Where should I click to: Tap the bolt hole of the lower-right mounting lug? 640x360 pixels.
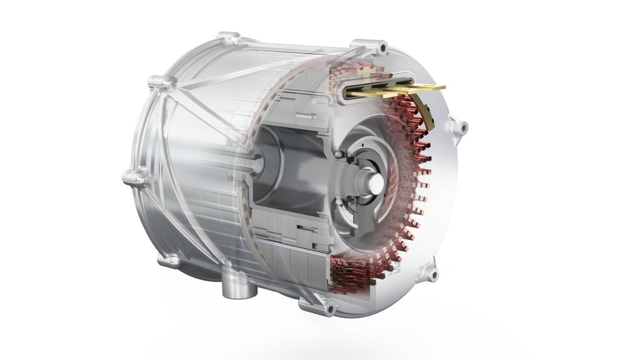pos(432,273)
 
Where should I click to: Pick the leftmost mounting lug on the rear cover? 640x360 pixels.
pos(133,179)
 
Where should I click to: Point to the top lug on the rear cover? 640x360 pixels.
pos(230,37)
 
